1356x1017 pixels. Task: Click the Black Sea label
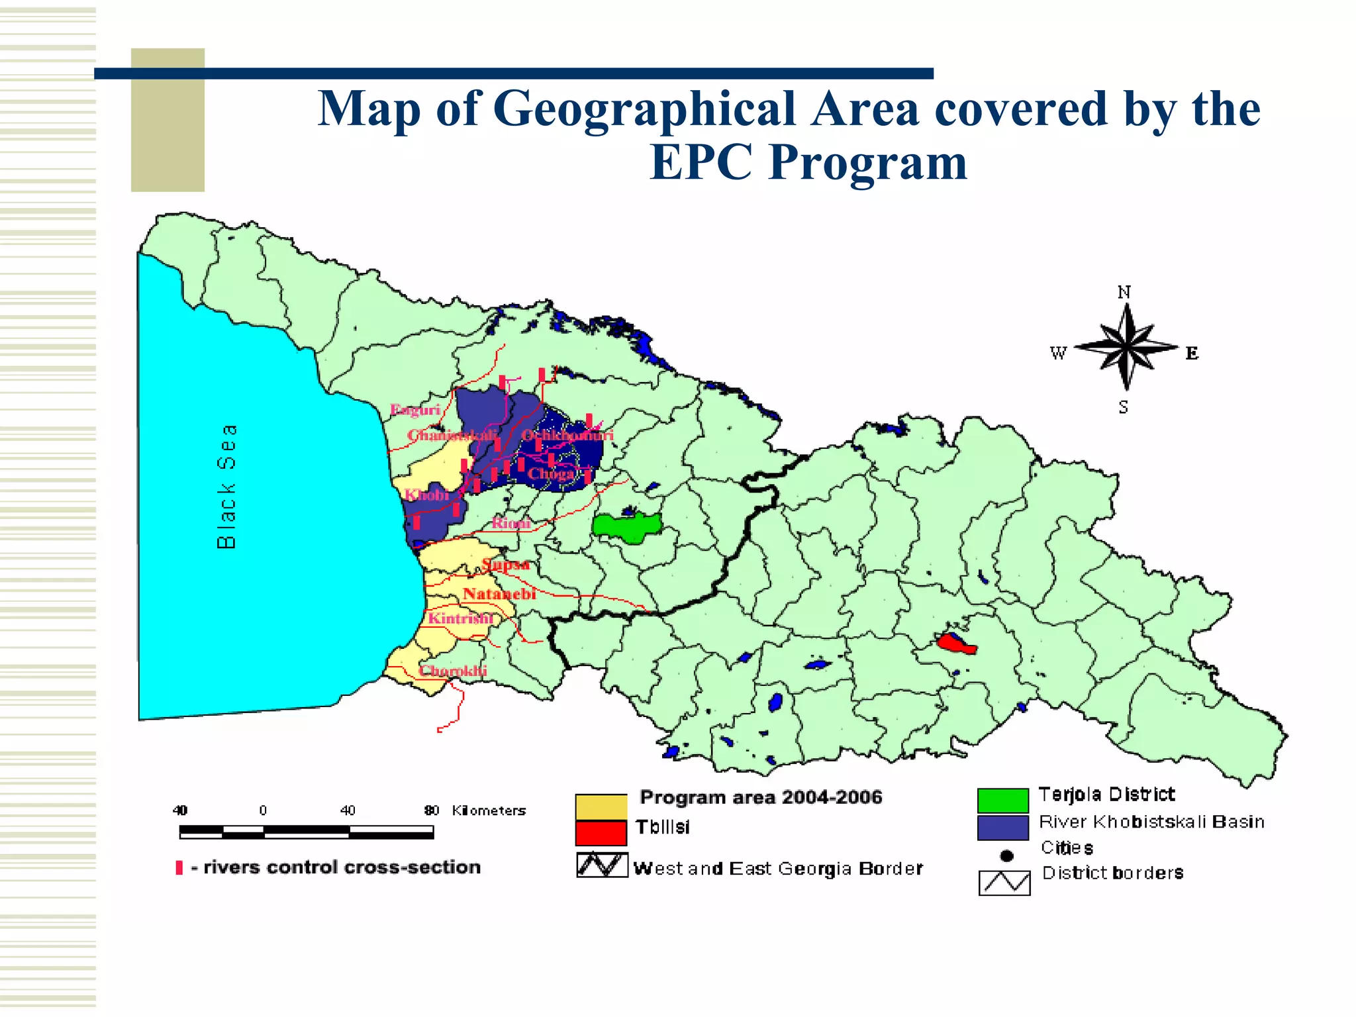point(226,487)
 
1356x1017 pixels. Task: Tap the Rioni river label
point(511,523)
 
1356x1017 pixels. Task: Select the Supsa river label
point(506,565)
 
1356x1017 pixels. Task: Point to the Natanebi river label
point(499,594)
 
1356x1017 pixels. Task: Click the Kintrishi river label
point(460,618)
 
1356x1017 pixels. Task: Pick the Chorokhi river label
point(453,671)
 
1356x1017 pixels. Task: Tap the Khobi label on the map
point(427,495)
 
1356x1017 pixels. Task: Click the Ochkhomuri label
point(567,435)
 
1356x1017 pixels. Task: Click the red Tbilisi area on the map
point(955,643)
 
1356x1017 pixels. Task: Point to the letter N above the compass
point(1124,292)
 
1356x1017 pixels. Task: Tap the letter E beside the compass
point(1192,353)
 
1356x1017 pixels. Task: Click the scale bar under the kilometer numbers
point(306,832)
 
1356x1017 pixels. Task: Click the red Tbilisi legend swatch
point(601,833)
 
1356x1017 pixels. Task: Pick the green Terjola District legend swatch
point(1002,800)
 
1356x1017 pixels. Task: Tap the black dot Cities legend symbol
point(1006,856)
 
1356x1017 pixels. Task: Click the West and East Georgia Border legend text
point(777,869)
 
